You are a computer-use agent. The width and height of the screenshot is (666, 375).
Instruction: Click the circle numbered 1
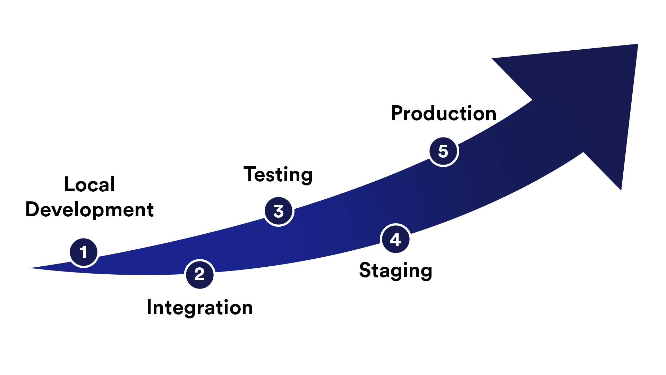pos(84,252)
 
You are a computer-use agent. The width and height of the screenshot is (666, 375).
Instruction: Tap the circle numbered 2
pos(199,274)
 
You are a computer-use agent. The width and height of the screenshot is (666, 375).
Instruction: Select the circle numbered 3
pos(279,211)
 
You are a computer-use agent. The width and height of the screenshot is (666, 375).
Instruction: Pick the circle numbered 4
pos(395,239)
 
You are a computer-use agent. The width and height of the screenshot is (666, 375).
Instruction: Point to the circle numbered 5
pos(443,151)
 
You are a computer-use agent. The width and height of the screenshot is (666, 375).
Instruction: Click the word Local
pos(89,185)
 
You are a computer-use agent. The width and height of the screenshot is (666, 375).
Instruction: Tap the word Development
pos(89,210)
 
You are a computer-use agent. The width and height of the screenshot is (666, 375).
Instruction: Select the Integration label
pos(199,308)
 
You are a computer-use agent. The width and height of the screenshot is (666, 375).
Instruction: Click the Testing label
pos(278,174)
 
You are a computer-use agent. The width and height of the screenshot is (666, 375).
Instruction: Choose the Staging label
pos(395,270)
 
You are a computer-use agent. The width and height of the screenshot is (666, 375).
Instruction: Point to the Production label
pos(443,114)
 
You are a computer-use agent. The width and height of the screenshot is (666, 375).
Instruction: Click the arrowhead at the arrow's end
pos(590,104)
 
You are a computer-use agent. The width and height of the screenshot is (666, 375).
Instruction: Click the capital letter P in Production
pos(397,113)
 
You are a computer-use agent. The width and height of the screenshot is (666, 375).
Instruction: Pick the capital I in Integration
pos(150,307)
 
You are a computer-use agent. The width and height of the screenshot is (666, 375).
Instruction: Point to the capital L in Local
pos(69,184)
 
